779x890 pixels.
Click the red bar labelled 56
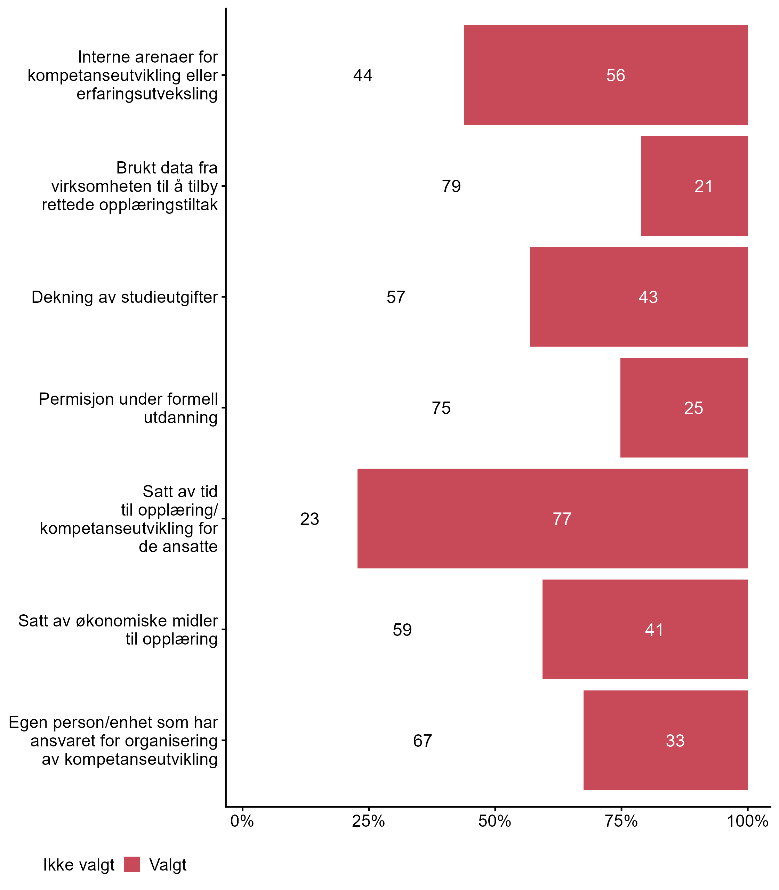[x=605, y=75]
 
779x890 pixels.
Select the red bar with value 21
[x=694, y=186]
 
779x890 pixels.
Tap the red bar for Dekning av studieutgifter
[x=638, y=297]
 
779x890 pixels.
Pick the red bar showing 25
[x=683, y=407]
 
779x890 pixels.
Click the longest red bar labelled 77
[x=552, y=518]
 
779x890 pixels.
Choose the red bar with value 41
[x=645, y=629]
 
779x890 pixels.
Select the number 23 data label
[x=310, y=519]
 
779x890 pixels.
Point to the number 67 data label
[x=422, y=741]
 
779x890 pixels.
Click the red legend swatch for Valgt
[x=132, y=864]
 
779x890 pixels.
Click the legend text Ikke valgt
[x=79, y=865]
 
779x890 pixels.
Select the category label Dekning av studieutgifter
[x=125, y=297]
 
